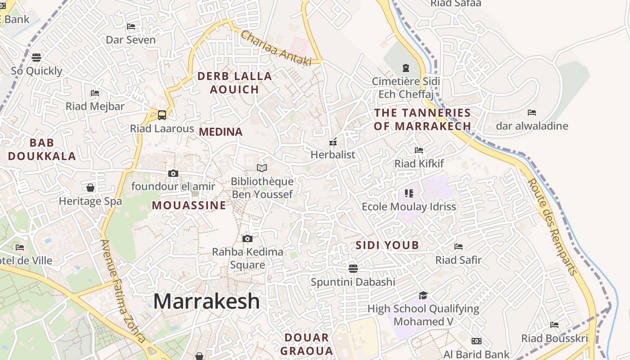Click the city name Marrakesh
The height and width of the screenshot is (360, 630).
point(207,301)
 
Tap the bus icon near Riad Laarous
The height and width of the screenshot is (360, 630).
point(162,115)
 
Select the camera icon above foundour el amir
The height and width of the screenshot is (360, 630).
point(173,173)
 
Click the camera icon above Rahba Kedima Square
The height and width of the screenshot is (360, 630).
point(247,238)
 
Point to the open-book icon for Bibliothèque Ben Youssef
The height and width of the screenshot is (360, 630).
point(262,168)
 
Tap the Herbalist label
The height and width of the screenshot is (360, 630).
point(333,155)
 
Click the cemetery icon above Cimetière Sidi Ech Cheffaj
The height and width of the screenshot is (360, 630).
point(406,68)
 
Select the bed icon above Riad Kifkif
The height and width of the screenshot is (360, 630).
point(419,150)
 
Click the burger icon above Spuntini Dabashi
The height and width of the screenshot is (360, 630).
point(353,269)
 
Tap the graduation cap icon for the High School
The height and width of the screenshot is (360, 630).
point(423,295)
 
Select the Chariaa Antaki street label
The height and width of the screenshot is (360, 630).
point(276,48)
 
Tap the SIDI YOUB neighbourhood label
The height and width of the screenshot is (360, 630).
point(387,245)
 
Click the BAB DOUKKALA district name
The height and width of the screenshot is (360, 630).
point(42,150)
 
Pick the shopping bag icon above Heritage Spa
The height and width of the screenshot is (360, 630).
point(90,187)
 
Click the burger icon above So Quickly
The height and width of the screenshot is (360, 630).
point(36,57)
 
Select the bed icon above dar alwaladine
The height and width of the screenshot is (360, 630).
point(532,112)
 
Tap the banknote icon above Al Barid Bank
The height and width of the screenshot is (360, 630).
point(477,341)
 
